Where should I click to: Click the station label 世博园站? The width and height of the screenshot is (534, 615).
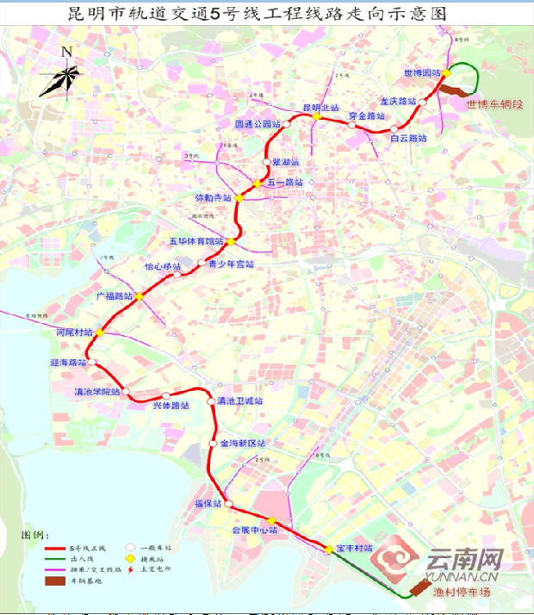[422, 73]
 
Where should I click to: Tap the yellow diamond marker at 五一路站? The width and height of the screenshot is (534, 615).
[257, 183]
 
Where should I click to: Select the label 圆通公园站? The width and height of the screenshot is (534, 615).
[258, 124]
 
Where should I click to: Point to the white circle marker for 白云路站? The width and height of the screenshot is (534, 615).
[394, 129]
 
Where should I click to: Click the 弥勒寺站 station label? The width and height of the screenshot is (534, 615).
[214, 198]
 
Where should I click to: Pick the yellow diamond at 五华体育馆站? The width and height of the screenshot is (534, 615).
[230, 241]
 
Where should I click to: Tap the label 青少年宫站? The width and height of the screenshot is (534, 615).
[231, 265]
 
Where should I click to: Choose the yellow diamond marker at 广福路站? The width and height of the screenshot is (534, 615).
[139, 296]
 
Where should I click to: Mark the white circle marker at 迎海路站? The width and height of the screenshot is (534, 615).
[91, 363]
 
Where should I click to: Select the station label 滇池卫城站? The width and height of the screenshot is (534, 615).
[239, 401]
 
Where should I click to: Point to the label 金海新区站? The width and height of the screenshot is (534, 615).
[243, 444]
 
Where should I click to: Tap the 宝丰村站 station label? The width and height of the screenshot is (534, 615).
[354, 549]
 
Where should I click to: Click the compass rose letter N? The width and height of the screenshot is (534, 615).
[66, 52]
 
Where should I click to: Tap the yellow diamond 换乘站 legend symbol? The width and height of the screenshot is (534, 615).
[132, 558]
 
